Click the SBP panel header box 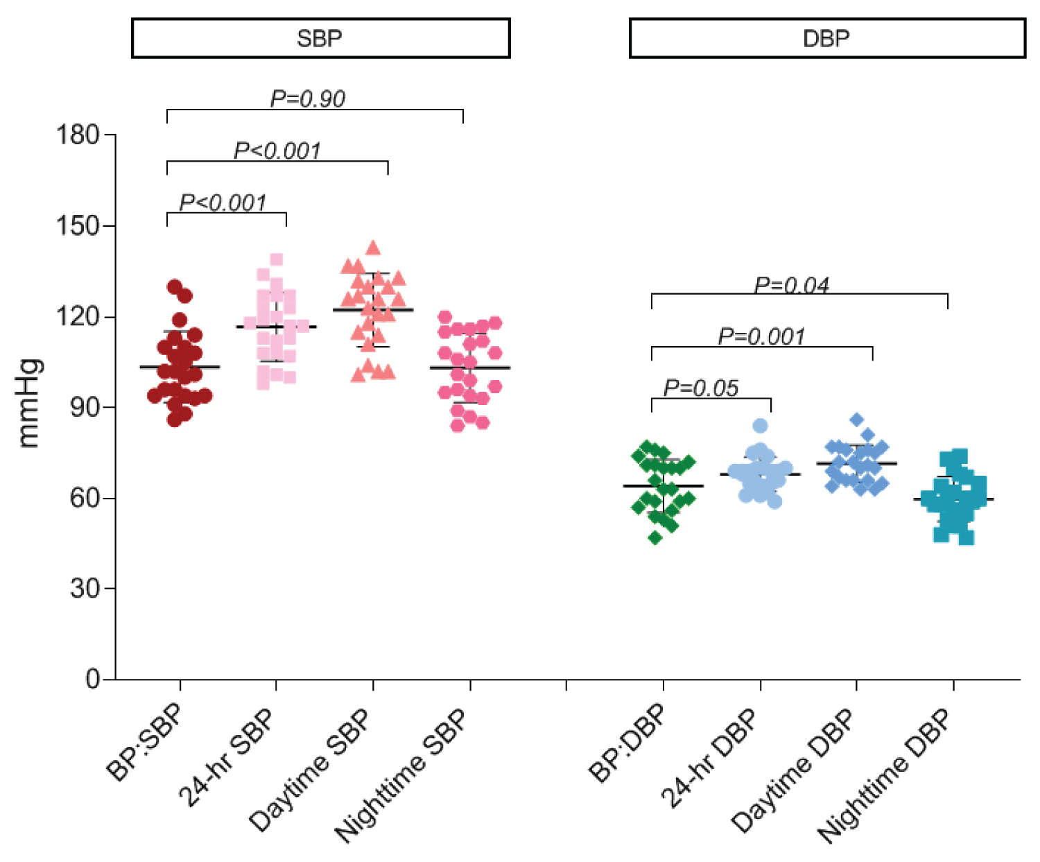[x=320, y=38]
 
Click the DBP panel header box [x=826, y=38]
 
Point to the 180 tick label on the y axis [x=78, y=135]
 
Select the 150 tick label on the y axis [x=78, y=225]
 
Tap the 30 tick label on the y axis [x=85, y=589]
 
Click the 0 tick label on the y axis [x=93, y=679]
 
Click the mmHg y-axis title [x=29, y=404]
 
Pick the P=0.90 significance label [x=307, y=99]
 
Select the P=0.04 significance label [x=791, y=285]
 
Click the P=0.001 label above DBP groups [x=761, y=336]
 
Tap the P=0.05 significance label [x=701, y=388]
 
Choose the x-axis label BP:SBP [x=145, y=742]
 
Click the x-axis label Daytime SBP [x=310, y=770]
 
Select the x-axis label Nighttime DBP [x=884, y=775]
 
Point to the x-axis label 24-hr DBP [x=709, y=759]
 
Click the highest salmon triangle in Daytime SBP [x=373, y=248]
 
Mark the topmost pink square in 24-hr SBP [x=276, y=260]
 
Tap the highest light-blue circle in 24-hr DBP [x=760, y=426]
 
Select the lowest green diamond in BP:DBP [x=655, y=537]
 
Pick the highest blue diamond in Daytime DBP [x=857, y=420]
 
